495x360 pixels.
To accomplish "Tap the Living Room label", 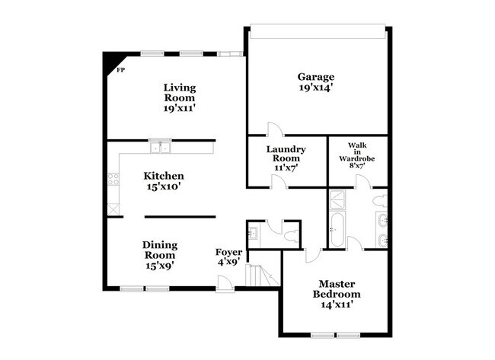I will click(x=179, y=98).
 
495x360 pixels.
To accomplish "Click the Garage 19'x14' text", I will click(x=315, y=82).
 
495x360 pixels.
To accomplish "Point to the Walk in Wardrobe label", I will click(x=358, y=156).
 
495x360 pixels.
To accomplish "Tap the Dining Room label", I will click(x=160, y=255).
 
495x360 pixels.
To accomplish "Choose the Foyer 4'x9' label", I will click(x=228, y=256).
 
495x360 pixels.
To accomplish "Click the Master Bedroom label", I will click(x=336, y=293).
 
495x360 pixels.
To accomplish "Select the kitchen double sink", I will click(x=160, y=147).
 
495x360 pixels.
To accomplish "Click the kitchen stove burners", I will click(x=113, y=180).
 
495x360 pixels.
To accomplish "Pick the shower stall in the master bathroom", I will click(x=336, y=199).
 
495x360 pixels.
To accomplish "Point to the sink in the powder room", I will click(x=254, y=231).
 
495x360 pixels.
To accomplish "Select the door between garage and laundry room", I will click(x=274, y=130).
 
